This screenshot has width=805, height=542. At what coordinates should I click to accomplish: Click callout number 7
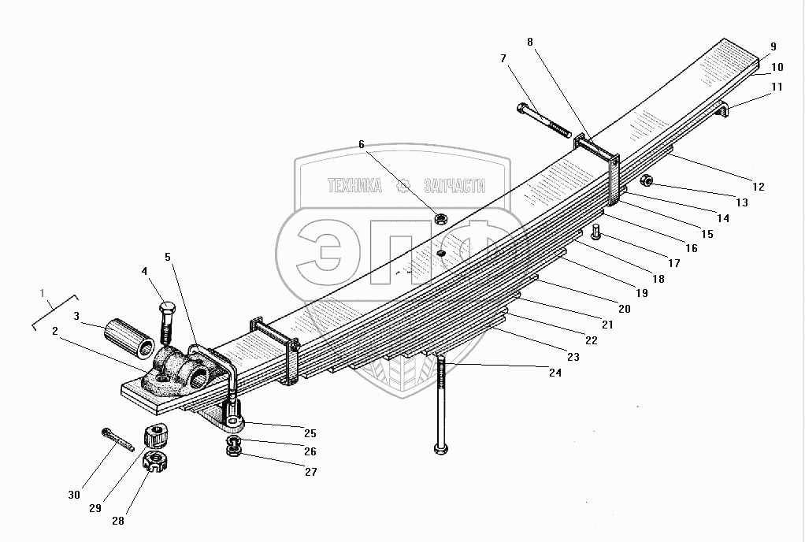coord(503,58)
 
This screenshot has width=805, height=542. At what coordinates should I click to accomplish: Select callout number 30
coord(73,495)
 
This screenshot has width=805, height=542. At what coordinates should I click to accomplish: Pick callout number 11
coord(777,87)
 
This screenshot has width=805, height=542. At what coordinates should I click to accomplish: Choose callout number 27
coord(310,472)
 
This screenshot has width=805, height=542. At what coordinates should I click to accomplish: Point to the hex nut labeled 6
coord(443,217)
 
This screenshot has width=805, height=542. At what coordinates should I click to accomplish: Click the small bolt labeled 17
coord(595,233)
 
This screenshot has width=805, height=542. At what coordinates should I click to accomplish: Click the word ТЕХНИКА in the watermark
coord(355,186)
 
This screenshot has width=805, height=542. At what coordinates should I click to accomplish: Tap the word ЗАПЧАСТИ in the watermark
coord(454,186)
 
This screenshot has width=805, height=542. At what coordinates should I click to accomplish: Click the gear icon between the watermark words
coord(403,186)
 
